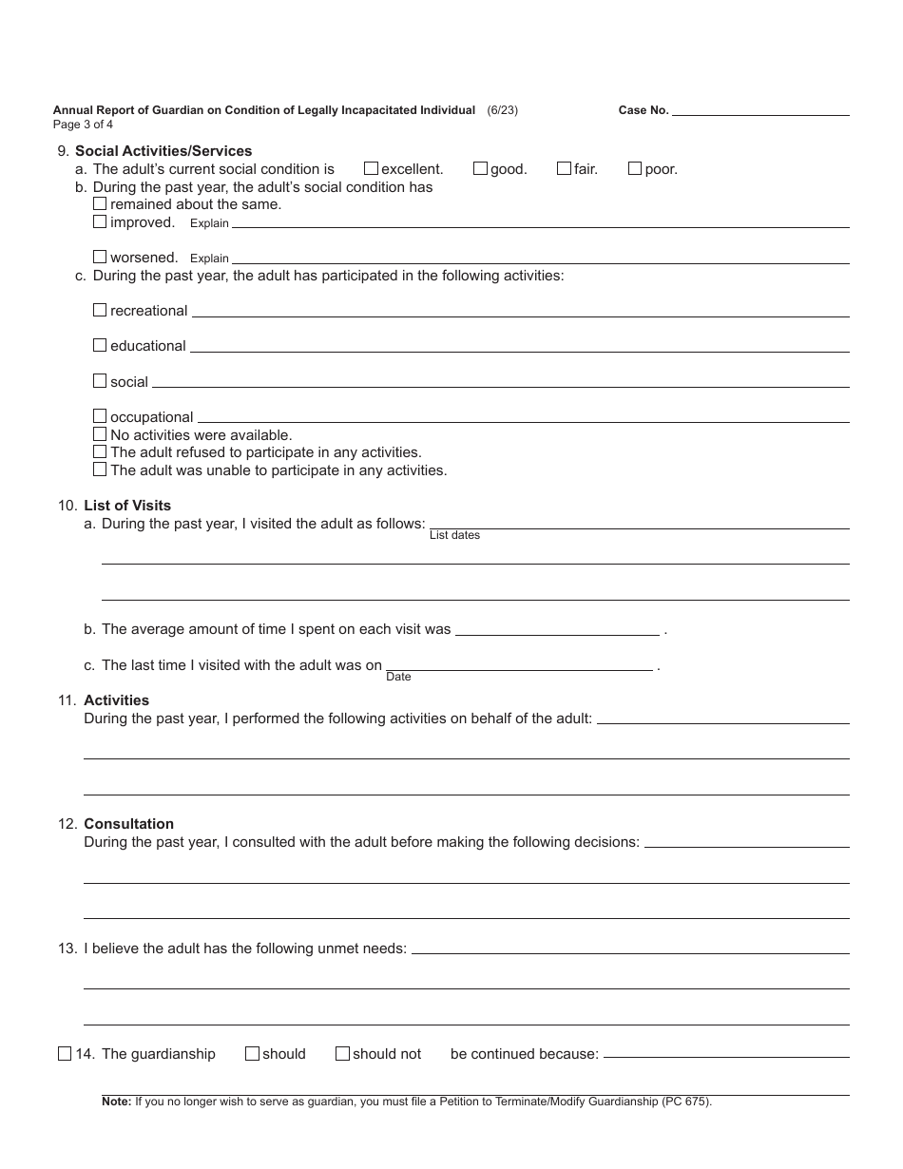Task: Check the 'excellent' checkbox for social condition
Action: [371, 168]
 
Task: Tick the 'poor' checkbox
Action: [635, 168]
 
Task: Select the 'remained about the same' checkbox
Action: [100, 203]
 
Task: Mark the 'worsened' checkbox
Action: [100, 257]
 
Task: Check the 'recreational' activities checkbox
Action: [100, 310]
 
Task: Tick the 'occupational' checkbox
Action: [100, 416]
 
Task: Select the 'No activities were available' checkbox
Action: [100, 434]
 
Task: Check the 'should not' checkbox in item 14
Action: [342, 1053]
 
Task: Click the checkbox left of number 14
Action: [65, 1053]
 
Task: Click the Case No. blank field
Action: [760, 109]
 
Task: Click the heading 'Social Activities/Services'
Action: [163, 151]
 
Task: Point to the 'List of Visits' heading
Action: [127, 506]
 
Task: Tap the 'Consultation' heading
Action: [128, 824]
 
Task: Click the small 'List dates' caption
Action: [454, 536]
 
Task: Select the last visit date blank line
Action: [519, 664]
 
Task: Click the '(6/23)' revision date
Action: [502, 110]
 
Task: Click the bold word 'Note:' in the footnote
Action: [116, 1102]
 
